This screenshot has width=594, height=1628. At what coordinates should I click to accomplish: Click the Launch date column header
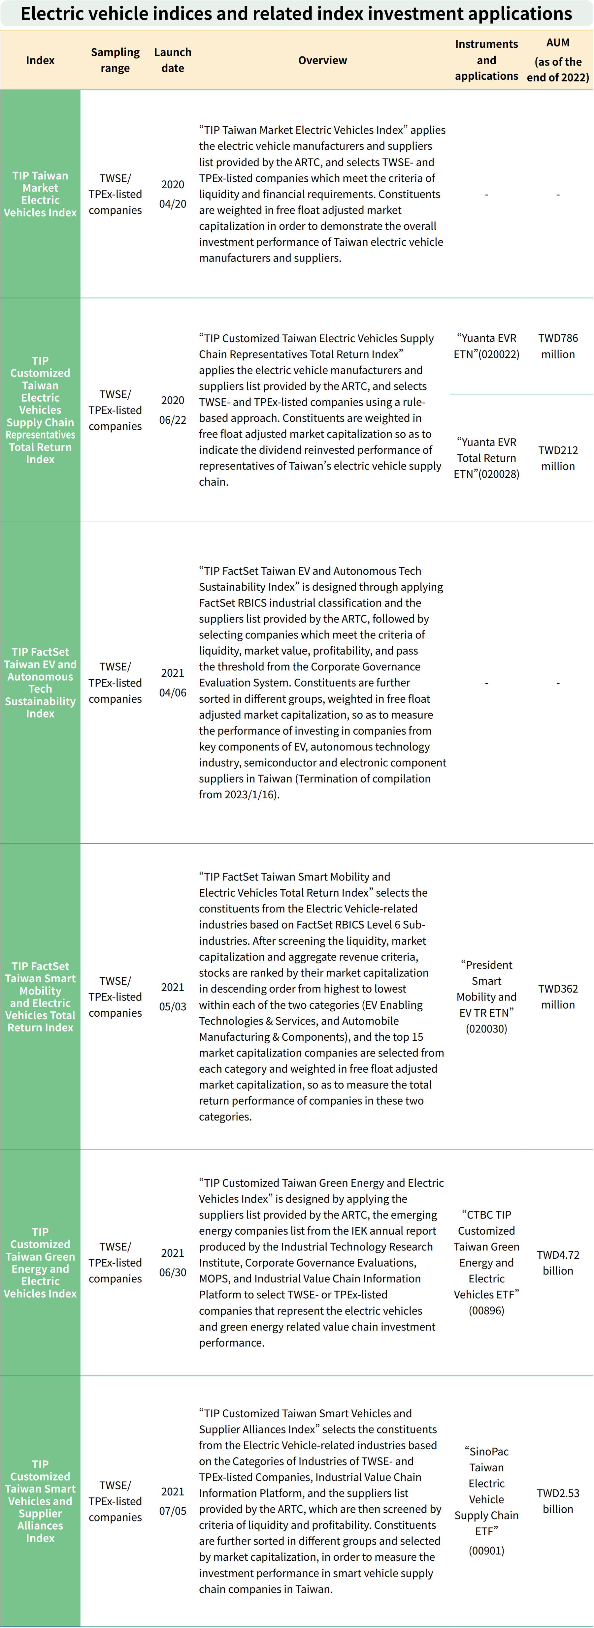tap(173, 60)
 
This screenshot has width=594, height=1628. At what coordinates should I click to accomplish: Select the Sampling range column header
tap(115, 60)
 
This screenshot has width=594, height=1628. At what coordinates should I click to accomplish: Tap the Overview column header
tap(323, 60)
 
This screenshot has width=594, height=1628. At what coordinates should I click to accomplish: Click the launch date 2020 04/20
tap(173, 194)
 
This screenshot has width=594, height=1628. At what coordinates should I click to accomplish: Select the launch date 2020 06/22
tap(173, 410)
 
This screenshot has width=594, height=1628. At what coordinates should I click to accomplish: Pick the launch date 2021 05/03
tap(173, 997)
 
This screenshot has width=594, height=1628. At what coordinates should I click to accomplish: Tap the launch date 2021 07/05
tap(173, 1500)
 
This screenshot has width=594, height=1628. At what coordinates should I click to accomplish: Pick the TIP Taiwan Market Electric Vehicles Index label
tap(40, 194)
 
